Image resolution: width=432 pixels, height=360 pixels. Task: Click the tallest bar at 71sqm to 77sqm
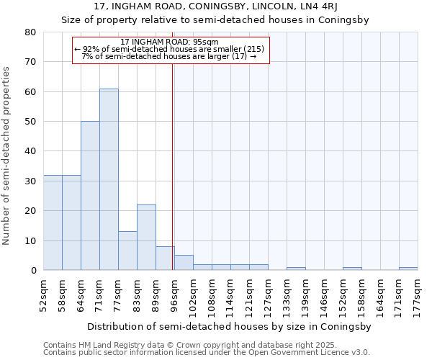pos(109,179)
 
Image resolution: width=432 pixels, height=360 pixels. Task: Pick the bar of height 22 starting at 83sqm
pos(146,238)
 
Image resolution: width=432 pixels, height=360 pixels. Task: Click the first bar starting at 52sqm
pos(53,222)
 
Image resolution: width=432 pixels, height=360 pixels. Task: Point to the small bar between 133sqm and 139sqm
pos(296,269)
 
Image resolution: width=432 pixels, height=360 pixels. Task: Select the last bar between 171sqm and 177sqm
pos(408,269)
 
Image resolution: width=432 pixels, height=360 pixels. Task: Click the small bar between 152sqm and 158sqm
pos(352,269)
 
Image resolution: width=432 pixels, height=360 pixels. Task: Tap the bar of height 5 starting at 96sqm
pos(184,263)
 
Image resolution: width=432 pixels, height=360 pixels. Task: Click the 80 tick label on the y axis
pos(30,32)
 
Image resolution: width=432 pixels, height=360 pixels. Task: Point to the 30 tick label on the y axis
pos(30,181)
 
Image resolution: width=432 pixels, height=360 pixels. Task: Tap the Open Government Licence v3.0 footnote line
pos(207,352)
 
